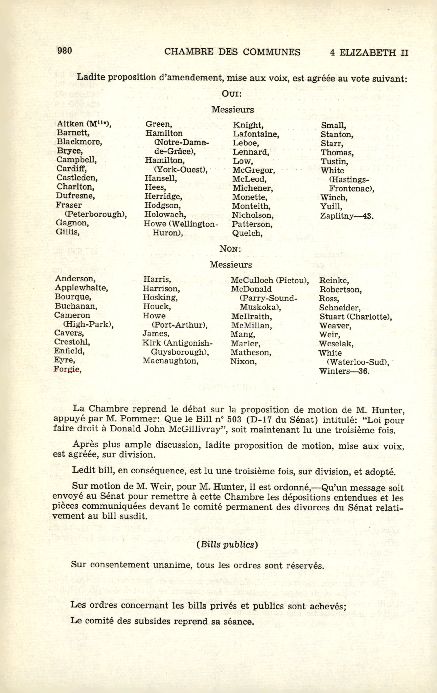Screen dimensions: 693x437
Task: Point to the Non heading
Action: (230, 249)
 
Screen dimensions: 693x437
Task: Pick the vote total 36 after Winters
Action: (364, 371)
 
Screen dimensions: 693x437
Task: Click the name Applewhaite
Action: (81, 288)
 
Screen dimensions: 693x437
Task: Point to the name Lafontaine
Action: (256, 134)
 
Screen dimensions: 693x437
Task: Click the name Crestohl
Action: (72, 342)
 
